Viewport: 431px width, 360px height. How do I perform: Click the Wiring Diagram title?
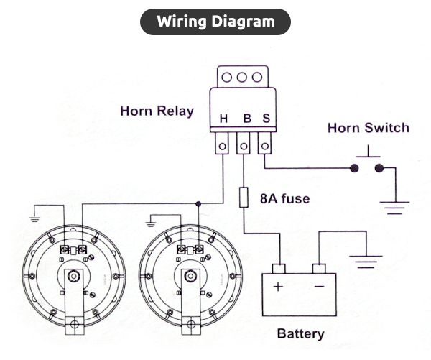coord(215,22)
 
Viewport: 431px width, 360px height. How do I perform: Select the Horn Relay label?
coord(157,111)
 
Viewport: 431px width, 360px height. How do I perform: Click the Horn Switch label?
coord(368,128)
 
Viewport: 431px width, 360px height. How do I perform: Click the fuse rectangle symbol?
coord(244,197)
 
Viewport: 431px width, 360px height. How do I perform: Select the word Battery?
coord(300,333)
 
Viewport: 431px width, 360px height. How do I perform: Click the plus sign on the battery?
coord(277,285)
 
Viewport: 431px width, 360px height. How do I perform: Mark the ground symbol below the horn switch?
coord(393,208)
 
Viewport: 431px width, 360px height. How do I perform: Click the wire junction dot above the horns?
coord(198,203)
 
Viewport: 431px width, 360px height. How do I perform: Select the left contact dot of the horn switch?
coord(354,170)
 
